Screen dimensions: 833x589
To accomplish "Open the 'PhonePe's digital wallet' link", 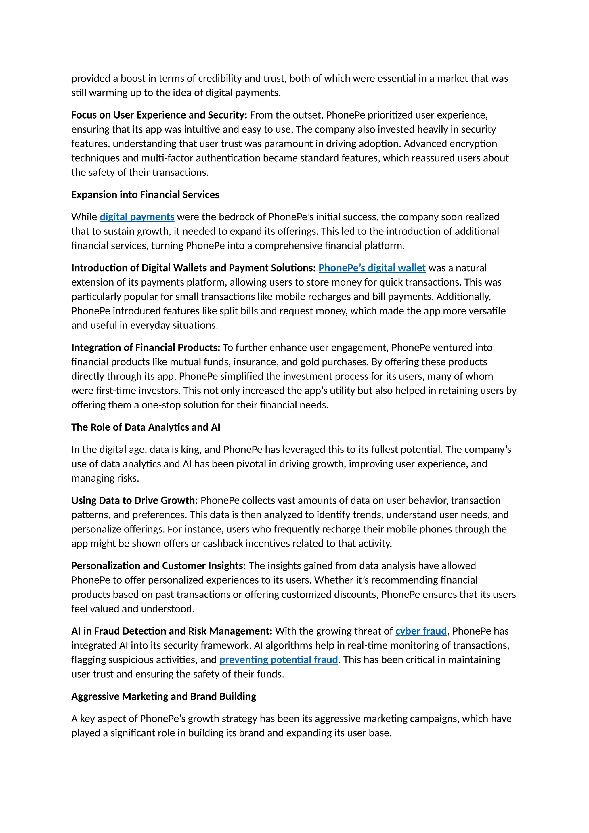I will (x=372, y=268).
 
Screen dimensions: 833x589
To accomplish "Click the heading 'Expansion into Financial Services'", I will (x=145, y=195).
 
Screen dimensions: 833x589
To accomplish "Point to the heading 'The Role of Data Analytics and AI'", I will (x=146, y=427).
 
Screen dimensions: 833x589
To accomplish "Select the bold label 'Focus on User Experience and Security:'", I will (x=159, y=115).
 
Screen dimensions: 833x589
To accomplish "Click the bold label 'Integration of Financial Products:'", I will (x=146, y=347).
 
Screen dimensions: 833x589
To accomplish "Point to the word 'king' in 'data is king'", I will (x=190, y=450).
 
